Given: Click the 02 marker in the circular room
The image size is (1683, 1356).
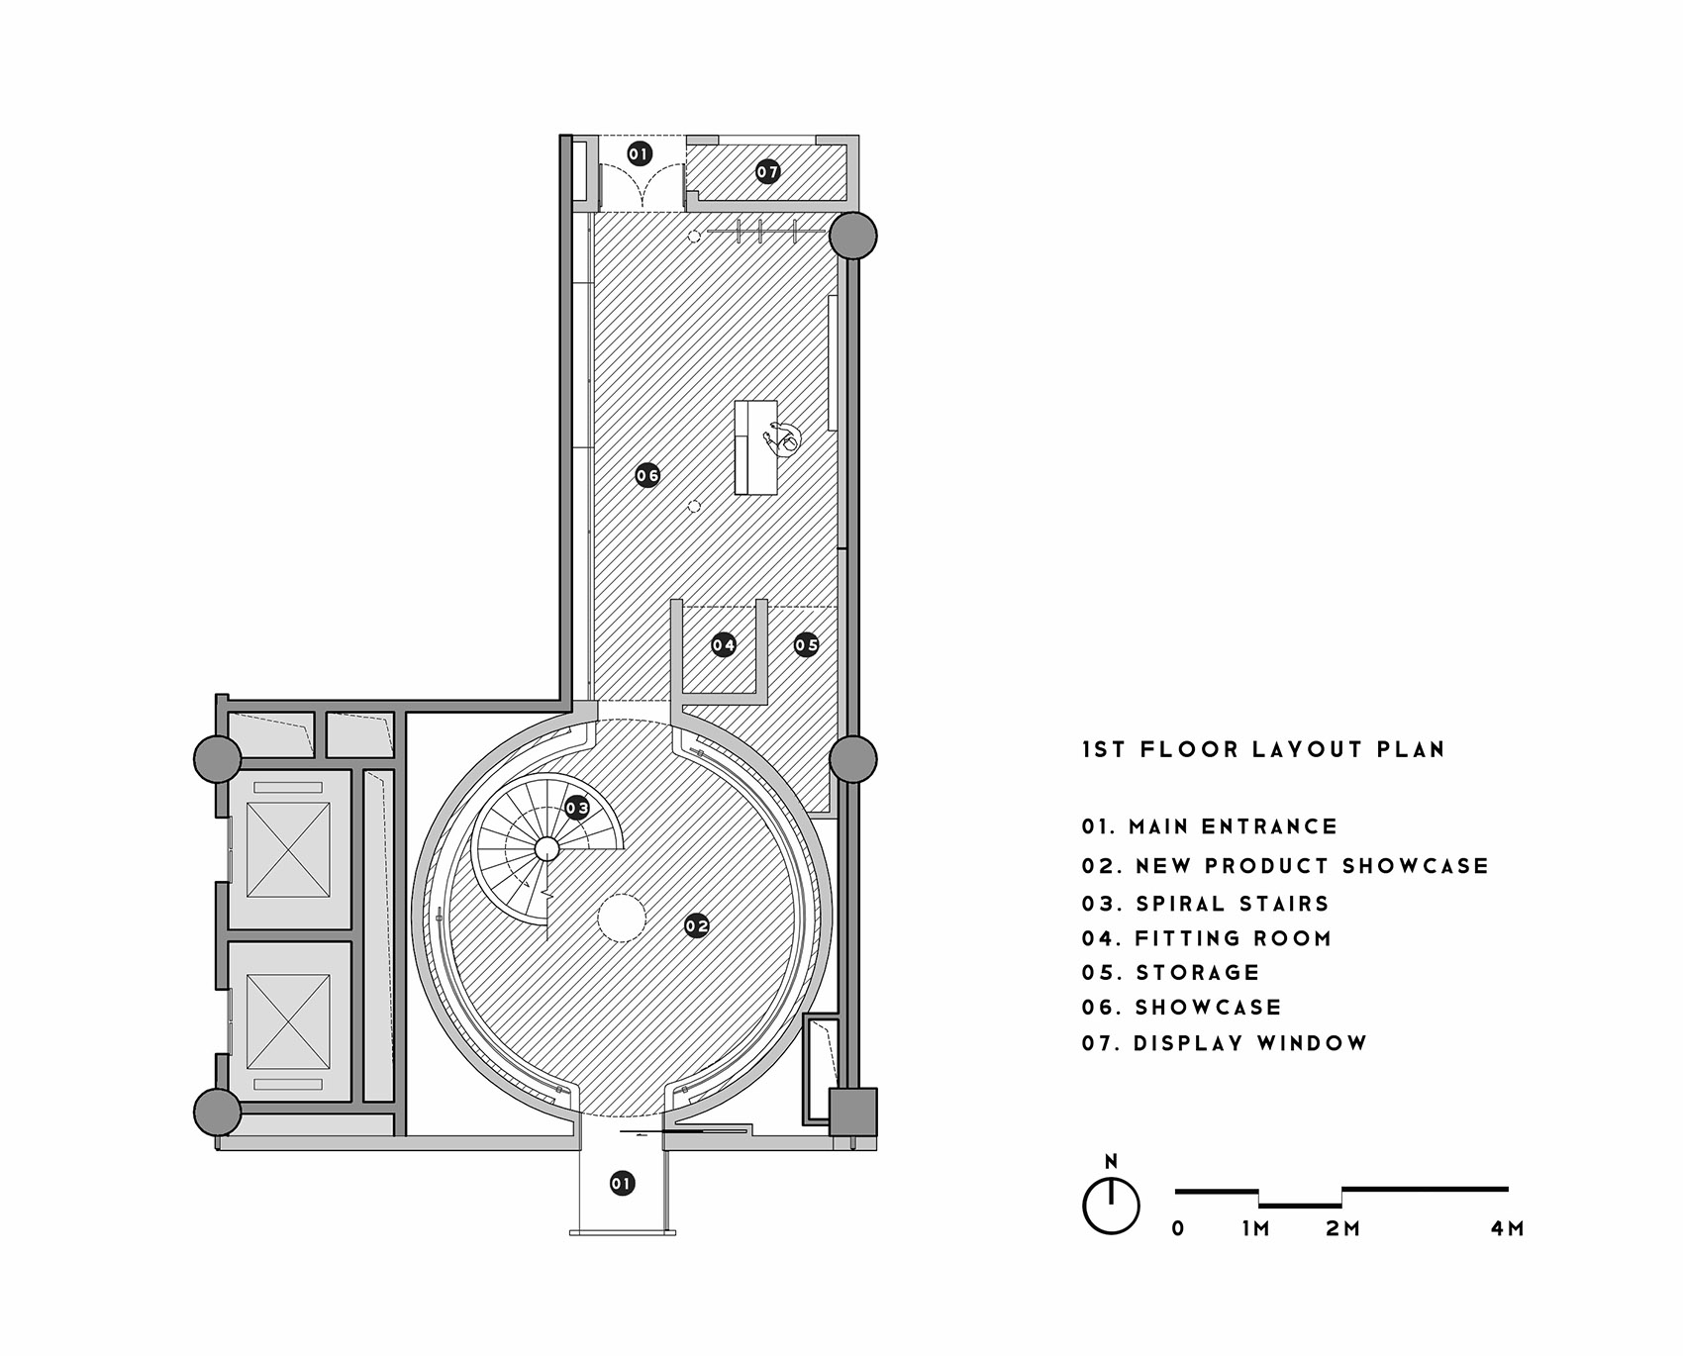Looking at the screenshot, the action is tap(697, 926).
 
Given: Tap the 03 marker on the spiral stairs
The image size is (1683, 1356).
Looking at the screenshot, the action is tap(577, 808).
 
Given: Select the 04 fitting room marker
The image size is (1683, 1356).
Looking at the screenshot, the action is tap(724, 645).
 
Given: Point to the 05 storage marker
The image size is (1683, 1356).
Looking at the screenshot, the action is tap(807, 645).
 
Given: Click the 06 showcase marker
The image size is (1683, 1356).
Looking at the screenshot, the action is tap(647, 475).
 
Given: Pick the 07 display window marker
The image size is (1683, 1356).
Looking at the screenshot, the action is tap(768, 172).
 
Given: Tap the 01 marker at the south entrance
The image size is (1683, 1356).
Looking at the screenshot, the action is tap(622, 1183).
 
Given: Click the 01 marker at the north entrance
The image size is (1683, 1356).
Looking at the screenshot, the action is tap(640, 153).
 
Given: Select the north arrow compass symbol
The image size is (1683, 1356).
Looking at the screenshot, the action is tap(1112, 1197).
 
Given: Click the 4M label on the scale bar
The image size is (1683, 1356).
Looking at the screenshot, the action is tap(1507, 1228).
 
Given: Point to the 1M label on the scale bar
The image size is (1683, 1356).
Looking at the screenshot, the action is tap(1255, 1228).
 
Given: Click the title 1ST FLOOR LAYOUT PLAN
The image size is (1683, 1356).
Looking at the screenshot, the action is tap(1263, 749).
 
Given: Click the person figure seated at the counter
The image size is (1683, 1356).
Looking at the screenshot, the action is tap(782, 437).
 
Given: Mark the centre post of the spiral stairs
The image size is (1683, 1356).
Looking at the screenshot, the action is tap(545, 848).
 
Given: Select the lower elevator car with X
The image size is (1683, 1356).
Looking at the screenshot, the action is tap(288, 1021).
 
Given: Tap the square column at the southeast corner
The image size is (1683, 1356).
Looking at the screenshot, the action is tap(853, 1112).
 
